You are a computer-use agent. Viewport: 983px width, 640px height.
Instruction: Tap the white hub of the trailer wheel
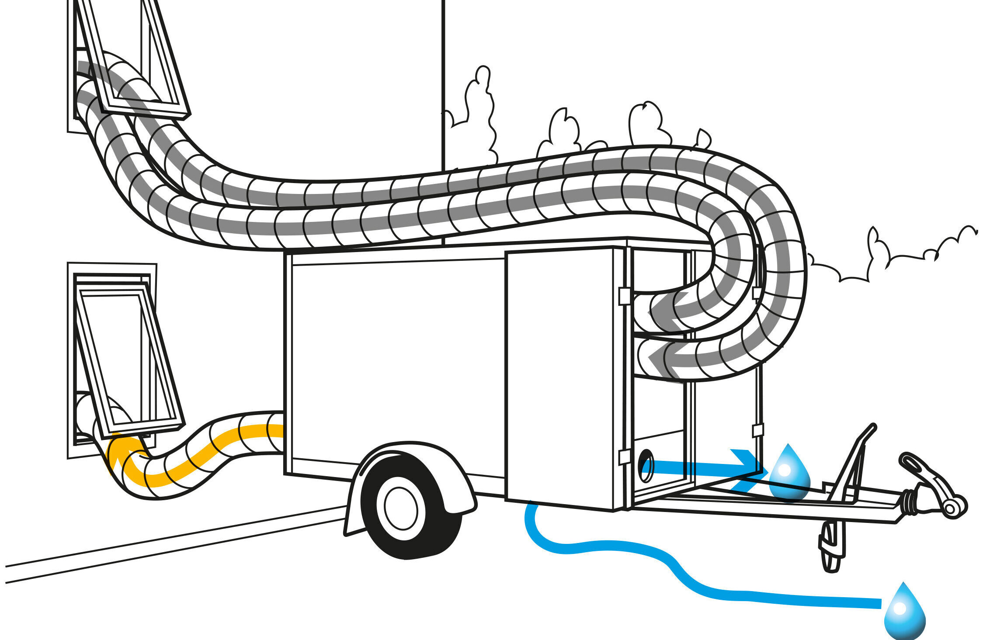coord(401,509)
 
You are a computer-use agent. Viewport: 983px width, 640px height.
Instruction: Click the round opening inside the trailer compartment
coord(646,465)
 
